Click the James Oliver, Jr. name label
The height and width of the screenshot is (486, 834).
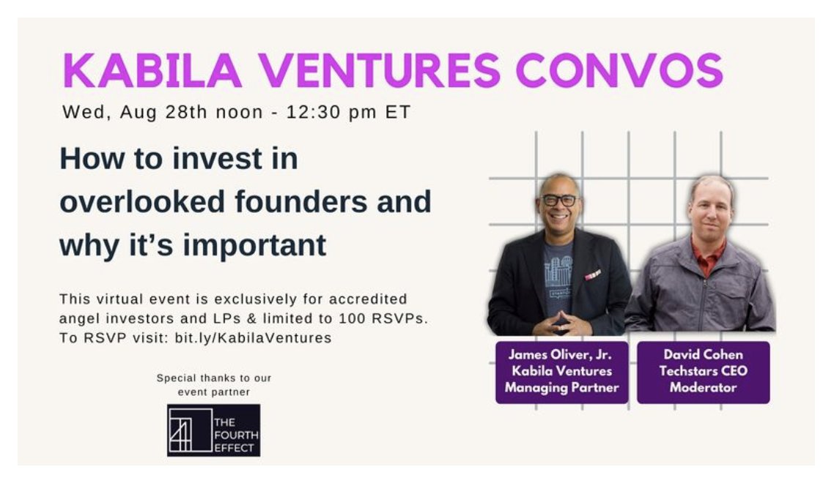(x=561, y=355)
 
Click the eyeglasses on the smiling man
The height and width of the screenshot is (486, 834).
(x=560, y=200)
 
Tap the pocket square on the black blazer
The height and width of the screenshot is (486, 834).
(x=592, y=274)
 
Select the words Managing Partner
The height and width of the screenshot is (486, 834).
(x=561, y=388)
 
